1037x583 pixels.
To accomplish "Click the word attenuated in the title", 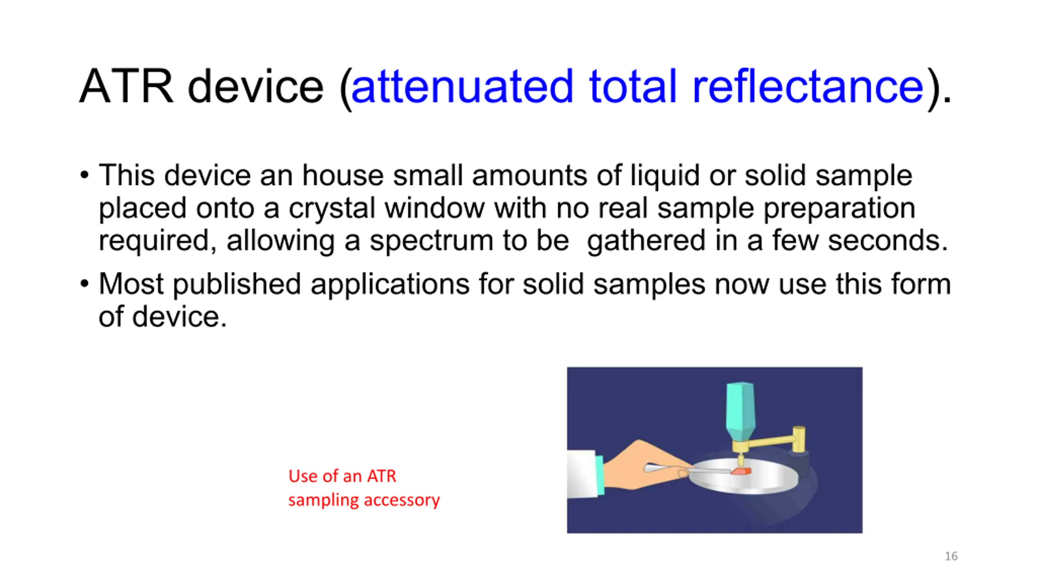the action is click(x=462, y=86).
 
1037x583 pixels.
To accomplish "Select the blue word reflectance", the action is click(x=808, y=86).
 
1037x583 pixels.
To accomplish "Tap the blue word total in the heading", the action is click(x=633, y=86).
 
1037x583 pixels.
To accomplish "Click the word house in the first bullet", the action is click(x=343, y=175).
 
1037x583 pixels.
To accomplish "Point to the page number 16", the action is click(x=951, y=556).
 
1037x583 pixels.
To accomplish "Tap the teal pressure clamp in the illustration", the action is click(x=740, y=412).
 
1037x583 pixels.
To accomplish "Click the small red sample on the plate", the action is click(x=741, y=471).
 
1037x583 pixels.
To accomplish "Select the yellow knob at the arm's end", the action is click(x=798, y=439).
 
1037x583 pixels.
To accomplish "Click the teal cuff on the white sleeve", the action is click(x=600, y=475).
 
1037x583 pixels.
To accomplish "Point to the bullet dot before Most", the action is click(x=84, y=284).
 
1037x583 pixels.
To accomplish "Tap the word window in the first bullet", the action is click(x=434, y=208).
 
